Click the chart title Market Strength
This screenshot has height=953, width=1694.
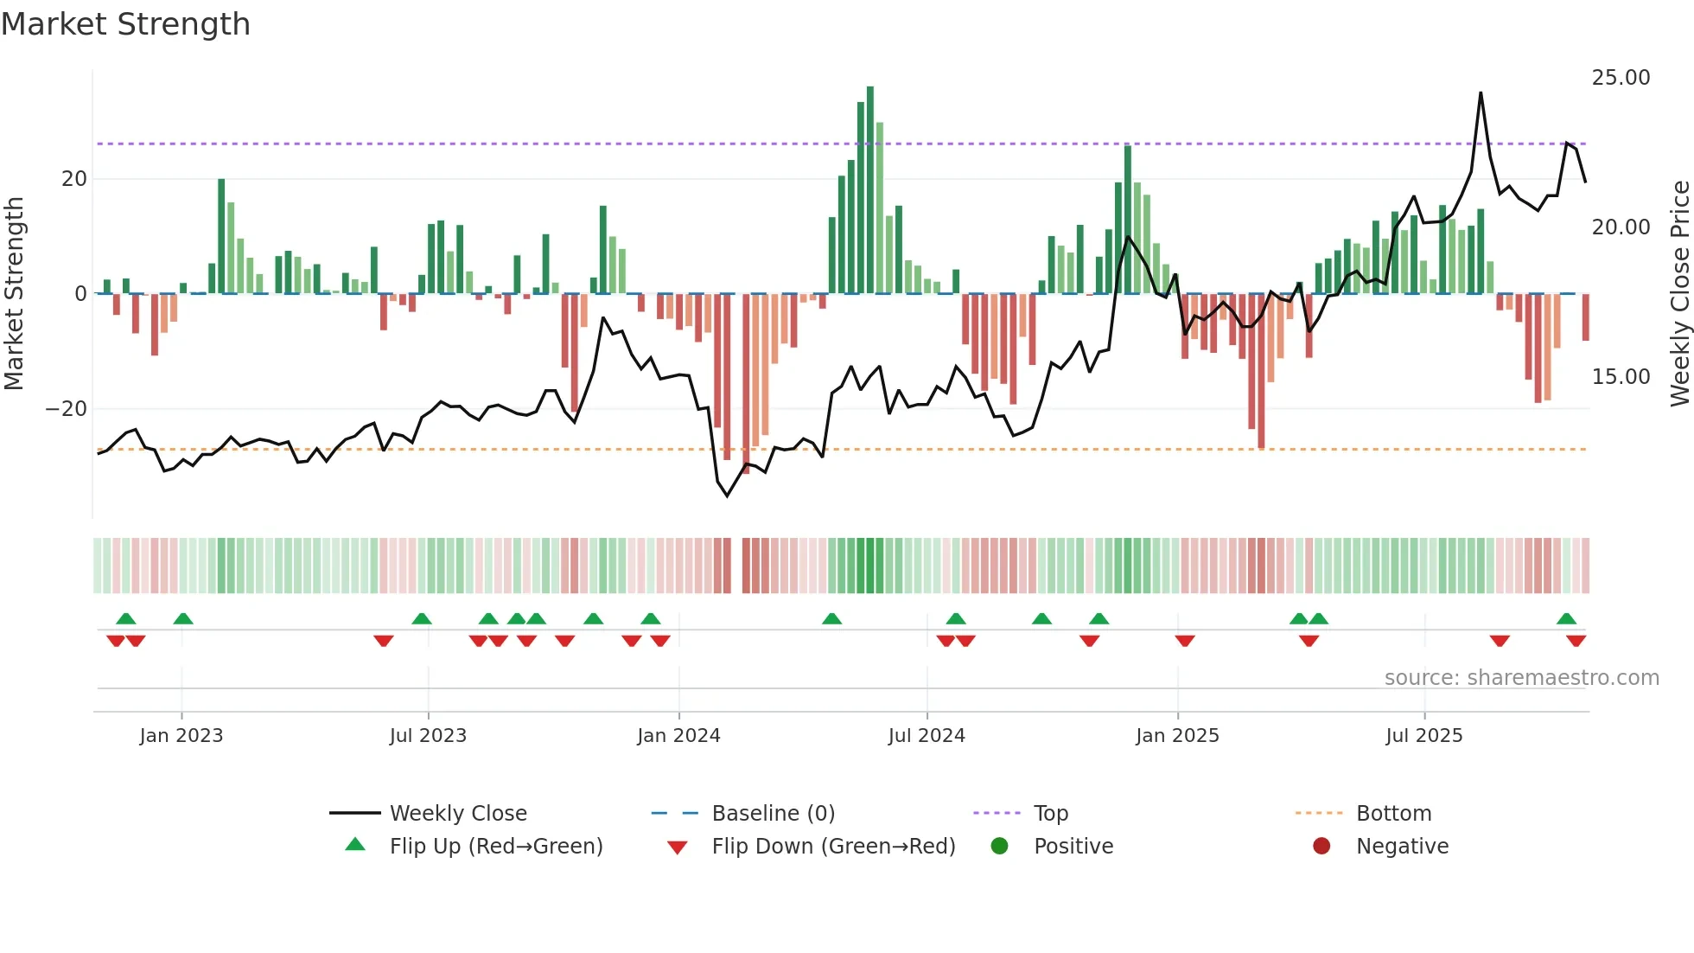125,24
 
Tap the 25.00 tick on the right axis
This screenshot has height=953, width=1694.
1621,78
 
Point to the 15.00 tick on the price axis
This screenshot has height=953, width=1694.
1621,377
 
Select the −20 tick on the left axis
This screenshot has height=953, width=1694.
66,409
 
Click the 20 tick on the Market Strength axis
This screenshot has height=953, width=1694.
74,179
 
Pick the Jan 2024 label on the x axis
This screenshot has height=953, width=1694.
678,736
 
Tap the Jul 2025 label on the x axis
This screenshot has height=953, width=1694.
1423,736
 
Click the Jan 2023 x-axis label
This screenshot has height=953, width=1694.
181,736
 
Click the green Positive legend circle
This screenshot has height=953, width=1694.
999,847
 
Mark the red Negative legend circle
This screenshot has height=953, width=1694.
1321,847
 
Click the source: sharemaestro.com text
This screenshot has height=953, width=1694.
1521,678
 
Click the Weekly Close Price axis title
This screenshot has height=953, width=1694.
1679,294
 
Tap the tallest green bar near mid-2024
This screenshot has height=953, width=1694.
870,190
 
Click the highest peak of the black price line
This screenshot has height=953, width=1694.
1481,93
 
